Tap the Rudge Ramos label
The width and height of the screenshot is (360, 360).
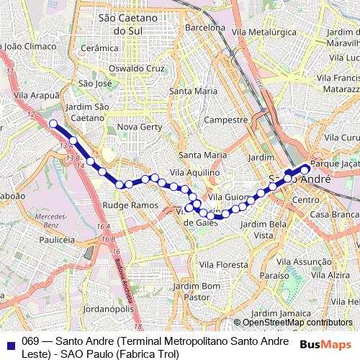click(x=130, y=205)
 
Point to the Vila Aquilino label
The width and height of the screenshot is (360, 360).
click(x=194, y=172)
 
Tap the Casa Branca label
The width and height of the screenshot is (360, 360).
click(x=334, y=215)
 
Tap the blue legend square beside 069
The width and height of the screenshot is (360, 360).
click(x=10, y=341)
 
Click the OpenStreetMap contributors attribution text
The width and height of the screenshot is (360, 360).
click(x=297, y=323)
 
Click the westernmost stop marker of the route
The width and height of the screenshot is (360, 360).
click(x=53, y=124)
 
